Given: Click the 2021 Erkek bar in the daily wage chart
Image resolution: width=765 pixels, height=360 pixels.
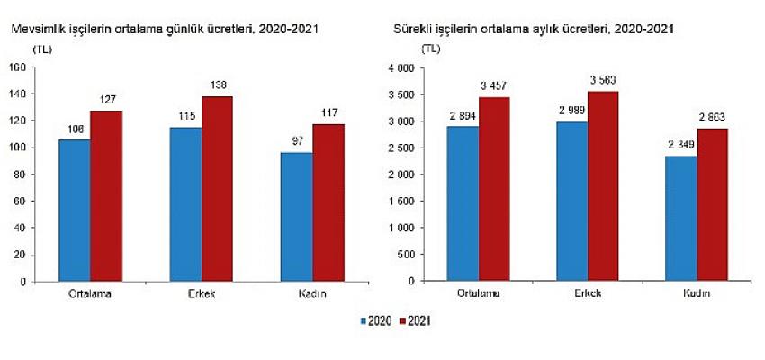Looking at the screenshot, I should (217, 189).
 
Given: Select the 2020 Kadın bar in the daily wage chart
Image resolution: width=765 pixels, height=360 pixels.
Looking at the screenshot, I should (297, 216).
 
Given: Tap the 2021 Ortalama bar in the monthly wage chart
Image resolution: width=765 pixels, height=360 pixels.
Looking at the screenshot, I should (495, 189).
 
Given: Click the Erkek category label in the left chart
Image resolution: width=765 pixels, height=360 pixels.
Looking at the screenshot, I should (202, 294).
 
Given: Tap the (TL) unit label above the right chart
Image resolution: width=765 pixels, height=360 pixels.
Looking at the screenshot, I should (430, 49).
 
